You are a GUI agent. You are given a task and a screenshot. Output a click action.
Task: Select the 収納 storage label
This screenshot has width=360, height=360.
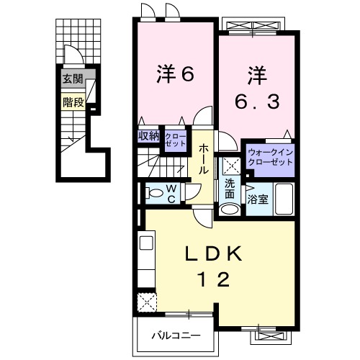[x=149, y=135]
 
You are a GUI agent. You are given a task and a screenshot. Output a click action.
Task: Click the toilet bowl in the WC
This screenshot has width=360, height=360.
[x=153, y=193]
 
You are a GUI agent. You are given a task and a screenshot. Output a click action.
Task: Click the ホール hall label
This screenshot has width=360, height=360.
[x=204, y=158]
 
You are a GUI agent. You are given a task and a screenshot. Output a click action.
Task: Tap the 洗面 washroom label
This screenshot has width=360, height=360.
[x=229, y=187]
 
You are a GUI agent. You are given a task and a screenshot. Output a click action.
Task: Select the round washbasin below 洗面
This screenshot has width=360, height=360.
[x=230, y=209]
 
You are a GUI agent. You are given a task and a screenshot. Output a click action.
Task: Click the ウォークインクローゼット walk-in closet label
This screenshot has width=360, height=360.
[x=270, y=157]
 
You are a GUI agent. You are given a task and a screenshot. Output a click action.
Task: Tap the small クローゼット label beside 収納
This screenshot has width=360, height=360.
[x=175, y=139]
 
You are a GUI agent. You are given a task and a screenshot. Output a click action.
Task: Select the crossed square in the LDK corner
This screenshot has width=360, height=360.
[x=147, y=301]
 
